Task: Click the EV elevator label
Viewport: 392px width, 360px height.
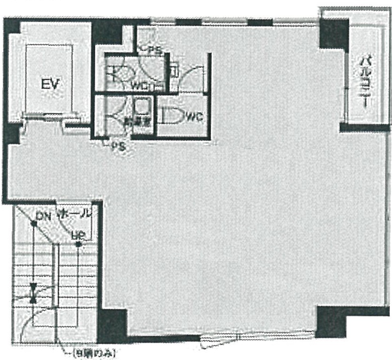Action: (49, 84)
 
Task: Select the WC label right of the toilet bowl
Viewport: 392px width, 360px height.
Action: (194, 117)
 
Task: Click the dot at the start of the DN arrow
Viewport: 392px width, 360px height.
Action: (34, 224)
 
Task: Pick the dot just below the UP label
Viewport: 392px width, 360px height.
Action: (78, 244)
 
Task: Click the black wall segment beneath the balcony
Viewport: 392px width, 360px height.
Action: (364, 127)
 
